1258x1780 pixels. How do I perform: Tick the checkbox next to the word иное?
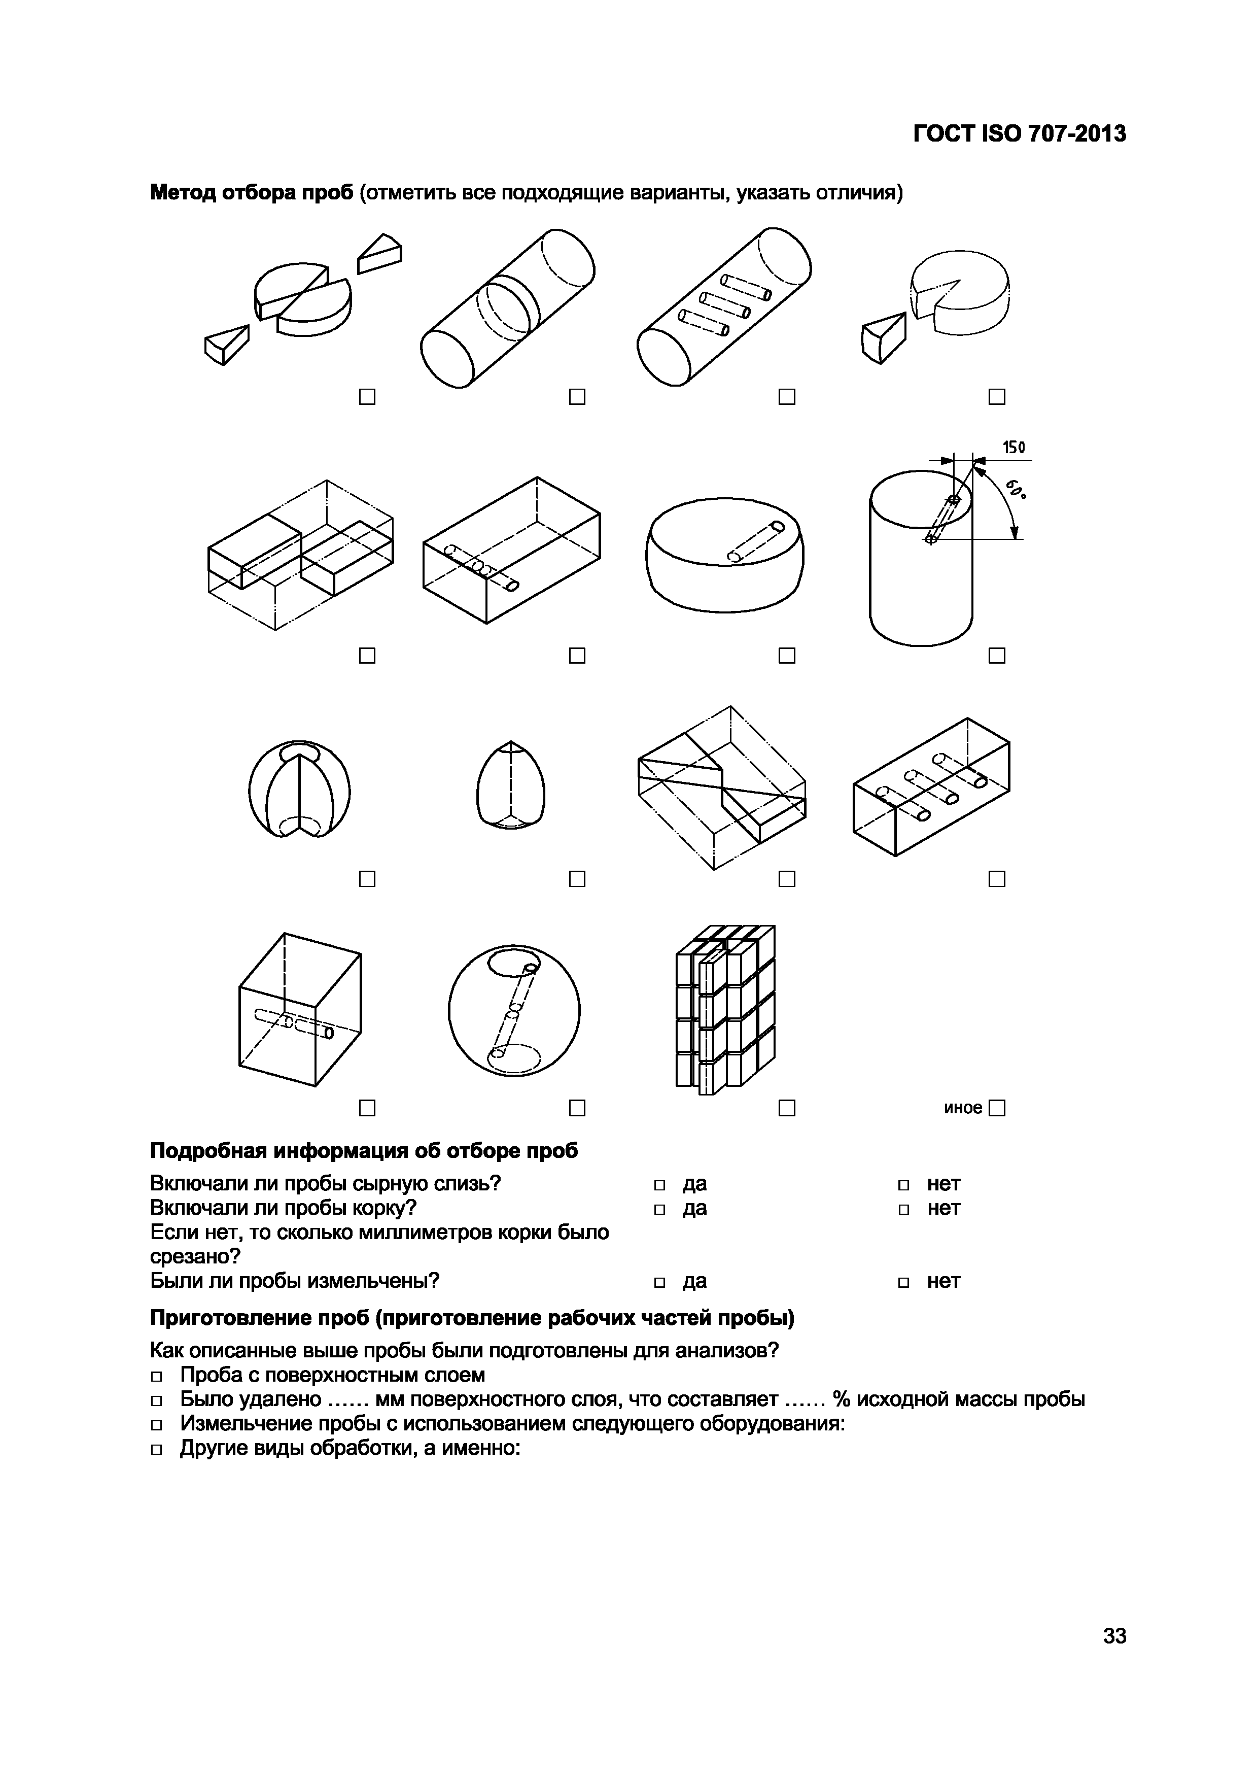997,1109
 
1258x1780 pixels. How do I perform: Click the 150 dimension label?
1013,448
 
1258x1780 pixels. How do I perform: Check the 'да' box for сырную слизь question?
659,1185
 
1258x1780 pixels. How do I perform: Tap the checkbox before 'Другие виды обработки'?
157,1450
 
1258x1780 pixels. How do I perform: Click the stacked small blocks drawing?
725,1008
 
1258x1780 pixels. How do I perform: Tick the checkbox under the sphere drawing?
577,1109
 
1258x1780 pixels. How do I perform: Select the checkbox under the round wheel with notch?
997,397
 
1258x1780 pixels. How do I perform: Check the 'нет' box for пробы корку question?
904,1209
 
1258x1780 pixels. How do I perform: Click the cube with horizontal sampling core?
300,1009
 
